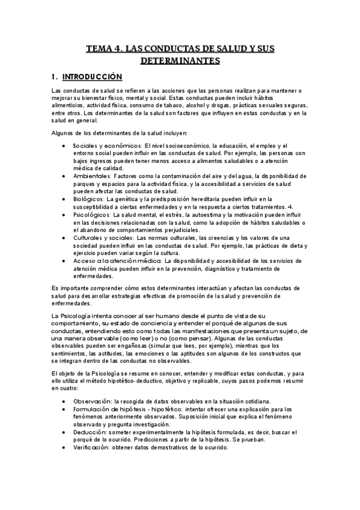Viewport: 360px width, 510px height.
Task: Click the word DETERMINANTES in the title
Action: point(180,61)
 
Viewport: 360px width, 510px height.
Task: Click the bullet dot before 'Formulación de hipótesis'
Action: point(64,409)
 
